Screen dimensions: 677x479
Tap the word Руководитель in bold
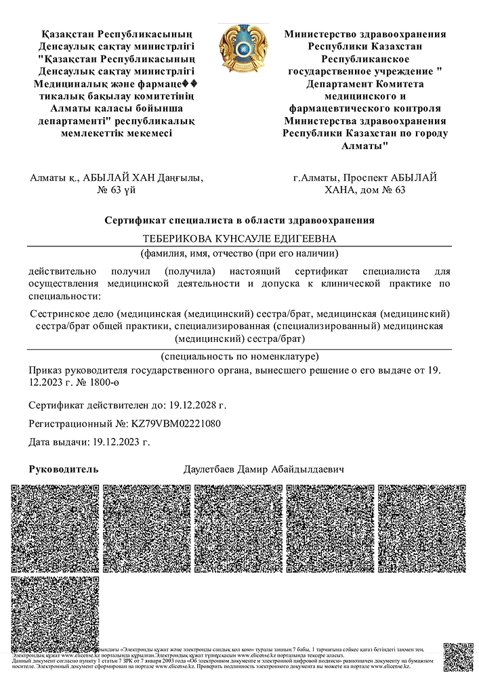(64, 469)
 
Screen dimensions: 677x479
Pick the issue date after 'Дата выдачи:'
(119, 442)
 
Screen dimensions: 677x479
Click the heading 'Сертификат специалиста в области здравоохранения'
(239, 220)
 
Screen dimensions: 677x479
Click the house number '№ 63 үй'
(117, 190)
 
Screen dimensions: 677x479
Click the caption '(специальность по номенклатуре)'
(239, 356)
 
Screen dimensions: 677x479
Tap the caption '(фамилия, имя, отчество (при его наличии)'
(239, 254)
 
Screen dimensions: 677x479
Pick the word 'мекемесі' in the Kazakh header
(145, 133)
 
